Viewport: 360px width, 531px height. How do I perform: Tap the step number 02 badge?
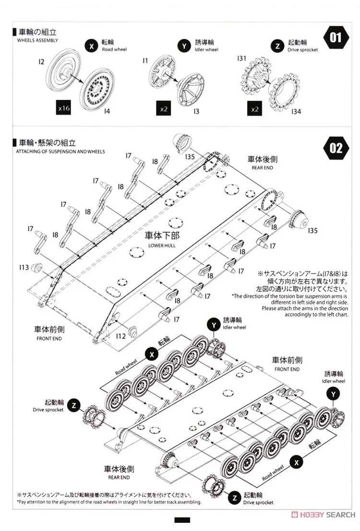(x=336, y=148)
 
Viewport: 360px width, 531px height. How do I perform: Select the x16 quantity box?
(x=63, y=108)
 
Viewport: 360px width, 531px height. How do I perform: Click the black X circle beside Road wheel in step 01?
(x=91, y=46)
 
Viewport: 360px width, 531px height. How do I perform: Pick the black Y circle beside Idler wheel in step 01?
(x=183, y=46)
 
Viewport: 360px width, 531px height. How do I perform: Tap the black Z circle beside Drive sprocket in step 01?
(x=276, y=46)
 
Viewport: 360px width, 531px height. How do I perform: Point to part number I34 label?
(x=296, y=112)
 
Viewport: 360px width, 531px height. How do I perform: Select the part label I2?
(x=41, y=61)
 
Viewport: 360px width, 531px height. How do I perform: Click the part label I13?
(x=24, y=267)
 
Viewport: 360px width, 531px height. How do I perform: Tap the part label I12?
(x=120, y=336)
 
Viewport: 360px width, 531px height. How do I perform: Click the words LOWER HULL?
(x=162, y=246)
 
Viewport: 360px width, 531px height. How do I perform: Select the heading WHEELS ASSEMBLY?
(x=37, y=40)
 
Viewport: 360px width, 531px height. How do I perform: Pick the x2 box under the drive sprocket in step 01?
(x=255, y=109)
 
